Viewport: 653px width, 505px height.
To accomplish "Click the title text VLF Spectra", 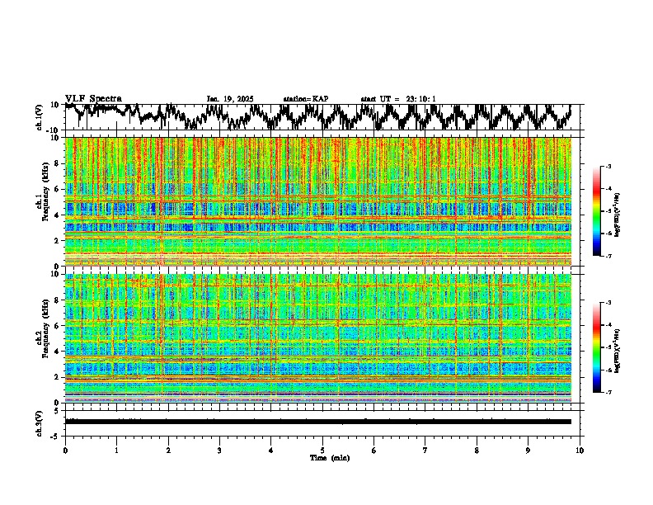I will [93, 99].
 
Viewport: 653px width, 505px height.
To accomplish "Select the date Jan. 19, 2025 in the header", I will [229, 99].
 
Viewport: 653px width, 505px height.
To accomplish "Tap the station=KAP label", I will [305, 99].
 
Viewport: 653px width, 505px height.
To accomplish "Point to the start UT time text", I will [398, 99].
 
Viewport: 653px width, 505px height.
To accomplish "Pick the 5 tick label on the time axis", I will [322, 451].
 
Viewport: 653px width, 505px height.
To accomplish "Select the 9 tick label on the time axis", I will [529, 451].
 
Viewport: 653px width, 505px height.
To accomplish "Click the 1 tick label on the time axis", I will [116, 451].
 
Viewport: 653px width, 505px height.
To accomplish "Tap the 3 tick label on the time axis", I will [219, 451].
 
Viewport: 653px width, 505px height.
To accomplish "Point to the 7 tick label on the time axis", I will [425, 451].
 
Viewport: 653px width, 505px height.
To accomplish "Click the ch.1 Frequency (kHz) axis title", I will [42, 202].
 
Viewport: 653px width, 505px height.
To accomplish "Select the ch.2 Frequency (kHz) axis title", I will [42, 338].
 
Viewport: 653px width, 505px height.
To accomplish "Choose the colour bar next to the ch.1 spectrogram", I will [598, 211].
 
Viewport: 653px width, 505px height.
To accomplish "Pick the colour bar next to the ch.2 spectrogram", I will [598, 347].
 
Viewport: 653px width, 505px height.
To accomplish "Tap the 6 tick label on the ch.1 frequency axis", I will [57, 189].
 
